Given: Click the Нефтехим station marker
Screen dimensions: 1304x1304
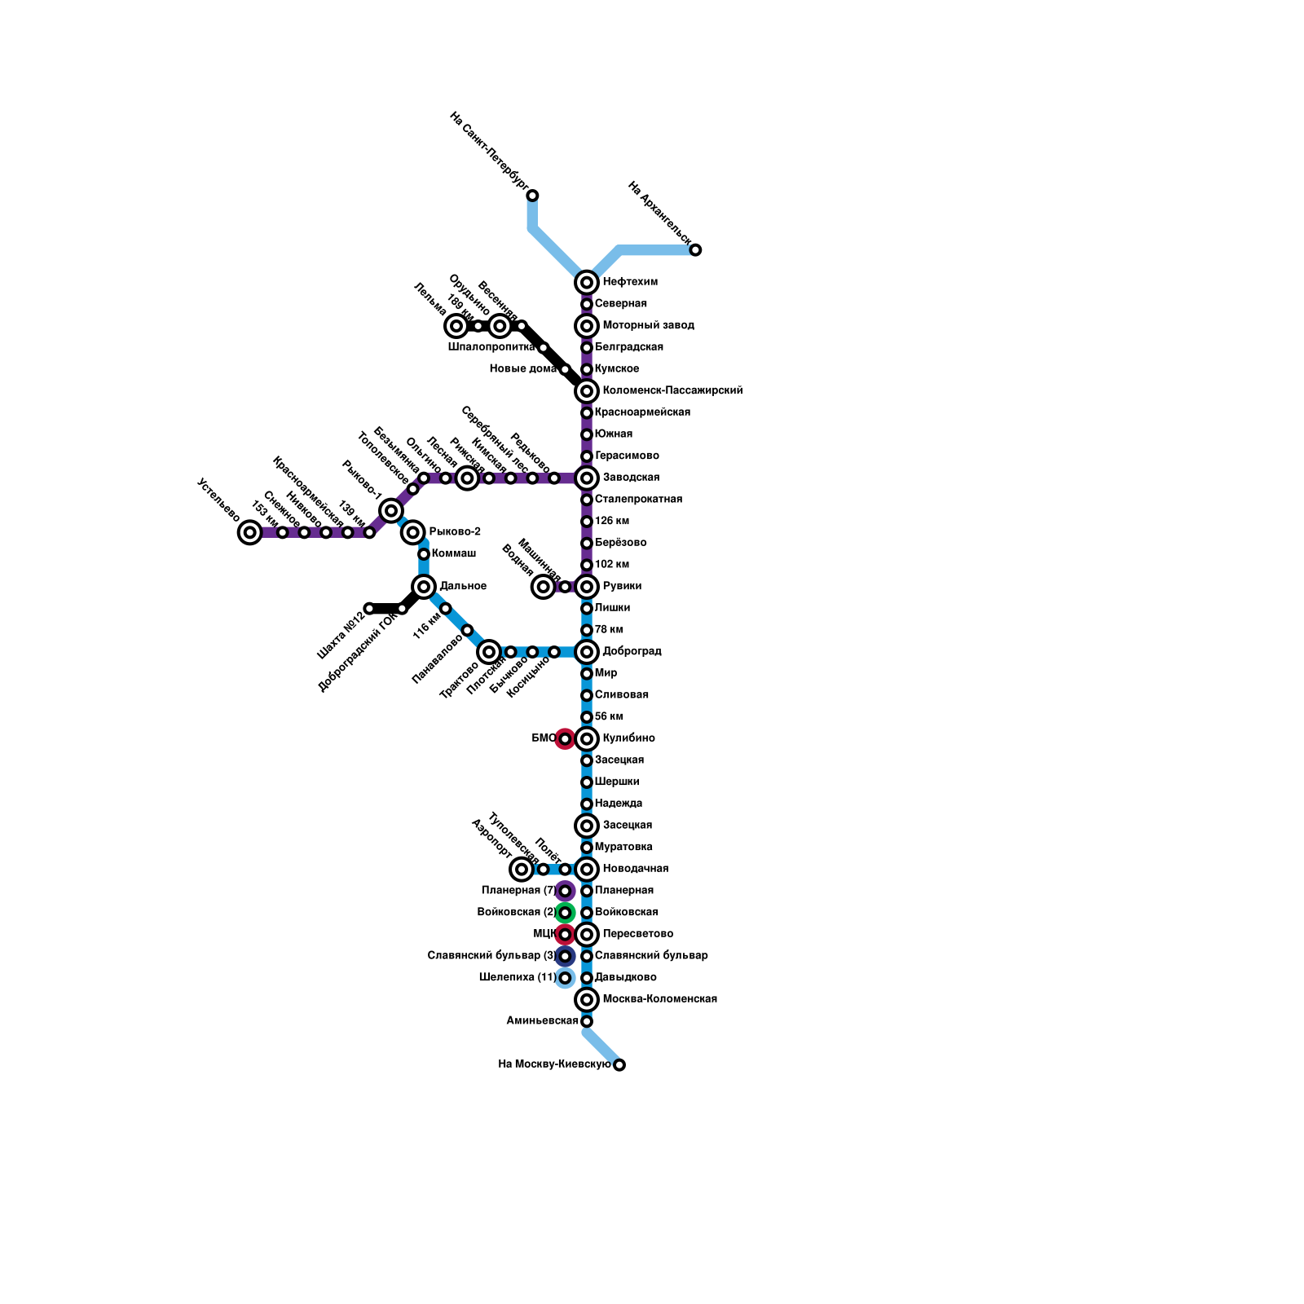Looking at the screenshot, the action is (587, 283).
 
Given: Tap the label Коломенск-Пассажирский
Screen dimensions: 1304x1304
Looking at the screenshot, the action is (672, 391).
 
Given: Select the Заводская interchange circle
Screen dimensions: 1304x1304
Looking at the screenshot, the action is (587, 478).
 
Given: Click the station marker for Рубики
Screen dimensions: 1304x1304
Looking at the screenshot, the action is (587, 587).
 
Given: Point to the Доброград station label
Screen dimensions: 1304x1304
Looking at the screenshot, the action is (632, 652).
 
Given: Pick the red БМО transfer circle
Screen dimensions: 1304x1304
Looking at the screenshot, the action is (565, 739).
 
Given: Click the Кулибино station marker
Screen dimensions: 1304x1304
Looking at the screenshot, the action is (587, 739).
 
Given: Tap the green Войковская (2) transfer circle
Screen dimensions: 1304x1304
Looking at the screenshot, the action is (565, 913).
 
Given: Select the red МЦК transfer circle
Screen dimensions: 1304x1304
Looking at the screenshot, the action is (565, 934).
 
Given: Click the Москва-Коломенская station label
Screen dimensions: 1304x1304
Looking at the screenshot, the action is (659, 999).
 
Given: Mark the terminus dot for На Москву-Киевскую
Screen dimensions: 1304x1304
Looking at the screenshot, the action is (619, 1064).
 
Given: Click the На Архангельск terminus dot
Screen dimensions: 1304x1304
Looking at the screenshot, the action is (695, 250).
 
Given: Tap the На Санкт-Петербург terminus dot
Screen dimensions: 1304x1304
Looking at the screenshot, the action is (532, 196).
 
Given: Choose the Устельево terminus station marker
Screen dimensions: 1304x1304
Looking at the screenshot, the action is (250, 532).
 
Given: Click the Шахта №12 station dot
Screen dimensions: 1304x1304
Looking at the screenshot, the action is (369, 609).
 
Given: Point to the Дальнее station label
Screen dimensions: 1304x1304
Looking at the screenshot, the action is (463, 587).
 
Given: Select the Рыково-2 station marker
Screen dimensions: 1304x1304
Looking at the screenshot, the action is (413, 532).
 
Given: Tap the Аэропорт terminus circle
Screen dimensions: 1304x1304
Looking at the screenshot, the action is (522, 870).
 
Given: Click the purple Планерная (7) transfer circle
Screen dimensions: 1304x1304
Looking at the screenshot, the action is (565, 891).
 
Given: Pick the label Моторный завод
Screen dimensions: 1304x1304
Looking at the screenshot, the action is (648, 326).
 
